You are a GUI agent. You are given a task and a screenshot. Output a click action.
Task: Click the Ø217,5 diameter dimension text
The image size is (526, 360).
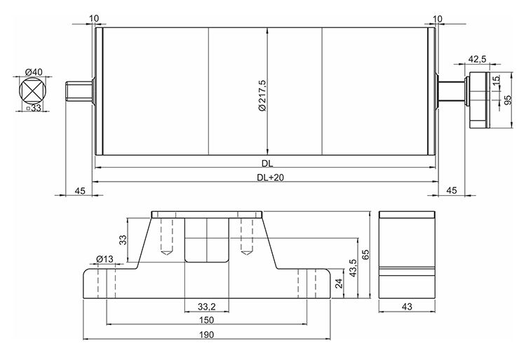[x=262, y=98]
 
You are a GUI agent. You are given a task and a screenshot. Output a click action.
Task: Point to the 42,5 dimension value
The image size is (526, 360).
[x=478, y=59]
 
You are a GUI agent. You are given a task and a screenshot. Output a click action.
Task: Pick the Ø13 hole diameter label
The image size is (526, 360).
[x=104, y=260]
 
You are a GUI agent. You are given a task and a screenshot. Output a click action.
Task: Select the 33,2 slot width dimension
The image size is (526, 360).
[x=206, y=307]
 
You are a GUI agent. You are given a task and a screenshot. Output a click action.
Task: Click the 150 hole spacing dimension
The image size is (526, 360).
[x=206, y=320]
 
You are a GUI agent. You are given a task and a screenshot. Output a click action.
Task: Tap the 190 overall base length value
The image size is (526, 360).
[x=206, y=335]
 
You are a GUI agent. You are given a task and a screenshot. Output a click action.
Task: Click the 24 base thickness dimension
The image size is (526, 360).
[x=339, y=284]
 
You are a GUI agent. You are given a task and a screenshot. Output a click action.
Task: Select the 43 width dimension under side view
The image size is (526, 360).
[x=407, y=306]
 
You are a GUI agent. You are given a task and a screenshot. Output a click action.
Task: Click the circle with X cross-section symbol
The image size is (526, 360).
[x=30, y=92]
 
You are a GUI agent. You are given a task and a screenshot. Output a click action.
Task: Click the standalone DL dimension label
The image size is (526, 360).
[x=267, y=164]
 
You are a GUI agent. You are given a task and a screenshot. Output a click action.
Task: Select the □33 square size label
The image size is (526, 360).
[x=33, y=109]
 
